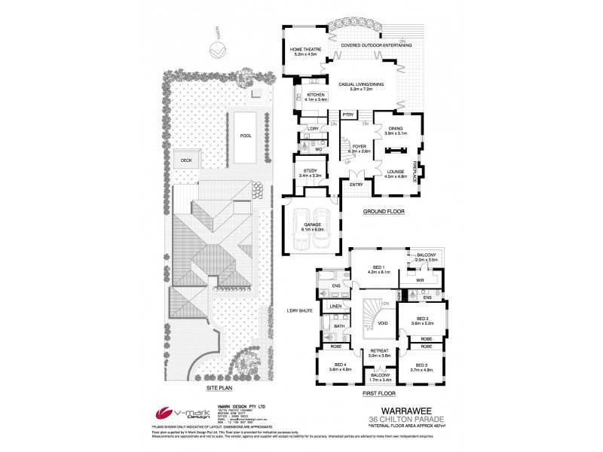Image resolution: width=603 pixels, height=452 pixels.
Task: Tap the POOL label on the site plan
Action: click(245, 136)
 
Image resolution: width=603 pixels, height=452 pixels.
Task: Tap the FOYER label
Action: click(358, 148)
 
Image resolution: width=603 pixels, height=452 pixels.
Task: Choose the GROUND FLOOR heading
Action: click(383, 212)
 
